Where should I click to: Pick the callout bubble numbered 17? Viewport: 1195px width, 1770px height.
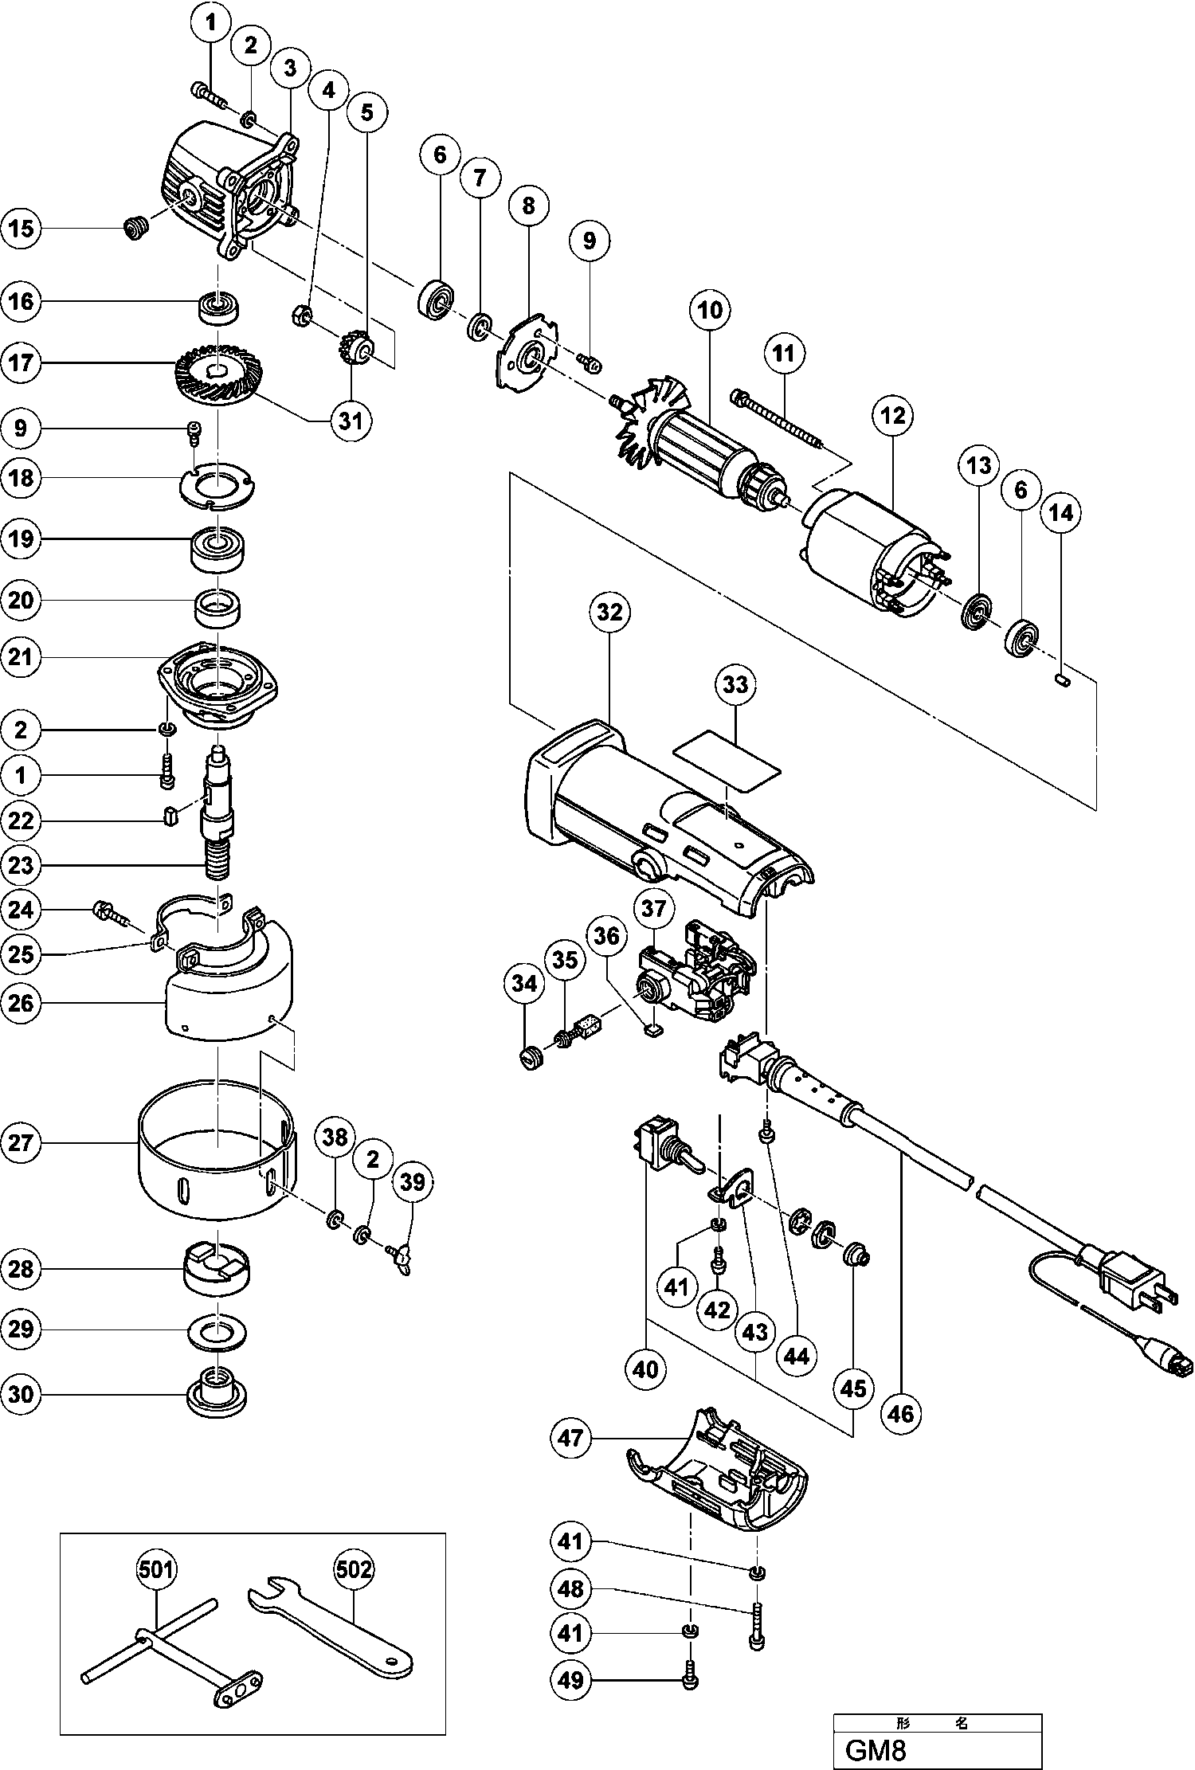click(x=22, y=363)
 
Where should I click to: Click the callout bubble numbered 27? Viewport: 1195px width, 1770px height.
click(x=22, y=1143)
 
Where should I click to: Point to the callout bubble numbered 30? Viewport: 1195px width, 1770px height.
click(x=22, y=1395)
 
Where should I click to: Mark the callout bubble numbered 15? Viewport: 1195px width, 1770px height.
click(x=22, y=229)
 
